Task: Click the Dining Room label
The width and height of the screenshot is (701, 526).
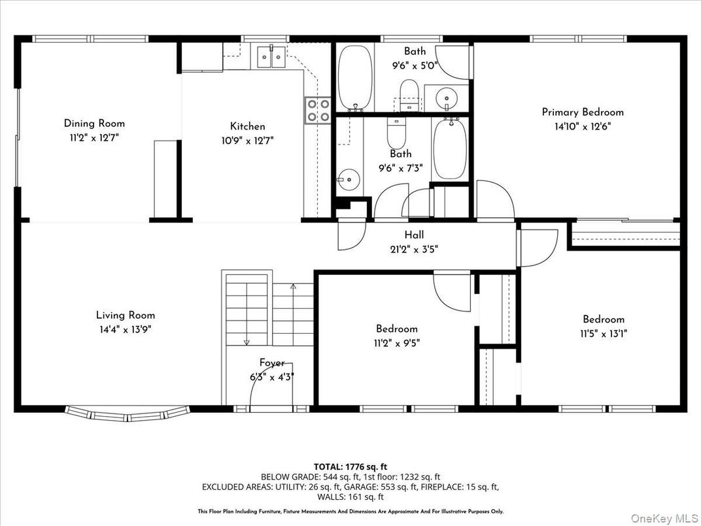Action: click(x=94, y=123)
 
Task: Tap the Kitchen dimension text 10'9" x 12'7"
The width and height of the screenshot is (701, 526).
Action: click(x=247, y=140)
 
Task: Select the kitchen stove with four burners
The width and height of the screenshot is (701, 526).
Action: click(x=318, y=110)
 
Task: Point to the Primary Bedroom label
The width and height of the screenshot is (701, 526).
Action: click(x=583, y=112)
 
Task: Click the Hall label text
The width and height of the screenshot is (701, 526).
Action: click(x=414, y=235)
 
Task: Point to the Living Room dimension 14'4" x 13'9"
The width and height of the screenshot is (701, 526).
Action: click(x=126, y=329)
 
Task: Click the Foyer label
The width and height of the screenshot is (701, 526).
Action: click(x=272, y=362)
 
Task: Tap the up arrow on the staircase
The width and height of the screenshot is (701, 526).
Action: click(x=293, y=287)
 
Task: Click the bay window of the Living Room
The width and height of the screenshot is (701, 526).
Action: click(x=128, y=413)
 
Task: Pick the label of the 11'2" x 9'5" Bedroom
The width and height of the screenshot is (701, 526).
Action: click(x=396, y=328)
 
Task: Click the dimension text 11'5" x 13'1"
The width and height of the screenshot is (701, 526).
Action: click(x=604, y=333)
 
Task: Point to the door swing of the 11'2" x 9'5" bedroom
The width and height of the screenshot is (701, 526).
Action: click(x=453, y=294)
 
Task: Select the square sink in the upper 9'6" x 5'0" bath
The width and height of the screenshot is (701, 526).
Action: click(x=447, y=99)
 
